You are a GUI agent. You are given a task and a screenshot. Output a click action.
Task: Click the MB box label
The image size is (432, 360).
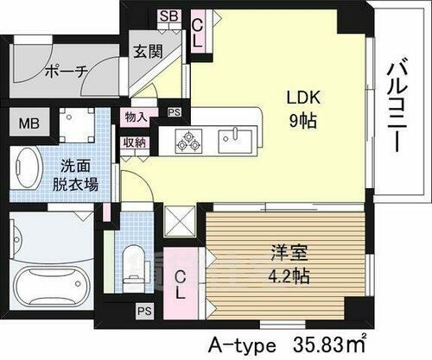click(29, 123)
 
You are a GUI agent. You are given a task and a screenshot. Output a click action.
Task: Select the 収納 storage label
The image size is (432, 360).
click(135, 142)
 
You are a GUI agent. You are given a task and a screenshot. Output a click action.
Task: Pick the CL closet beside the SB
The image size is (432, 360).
click(199, 33)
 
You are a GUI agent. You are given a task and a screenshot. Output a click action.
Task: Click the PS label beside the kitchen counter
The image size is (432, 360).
click(174, 111)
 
